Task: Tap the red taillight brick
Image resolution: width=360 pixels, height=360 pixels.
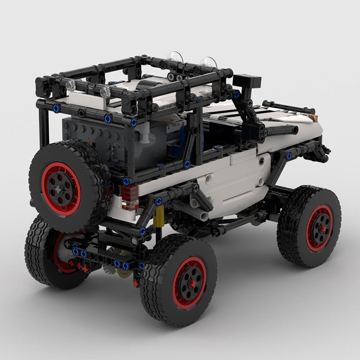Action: pos(130,197)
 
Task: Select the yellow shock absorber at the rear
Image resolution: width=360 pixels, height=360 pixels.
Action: pos(158,218)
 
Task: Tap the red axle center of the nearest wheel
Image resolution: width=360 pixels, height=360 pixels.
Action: pos(192,283)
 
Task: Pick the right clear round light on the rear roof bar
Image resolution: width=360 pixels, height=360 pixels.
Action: pos(105,92)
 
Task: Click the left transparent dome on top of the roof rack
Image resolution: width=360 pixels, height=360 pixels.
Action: pos(175,57)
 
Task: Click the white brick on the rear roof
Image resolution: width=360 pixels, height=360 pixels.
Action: pos(85,100)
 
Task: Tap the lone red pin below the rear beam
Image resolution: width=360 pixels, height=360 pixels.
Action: pos(136,283)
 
